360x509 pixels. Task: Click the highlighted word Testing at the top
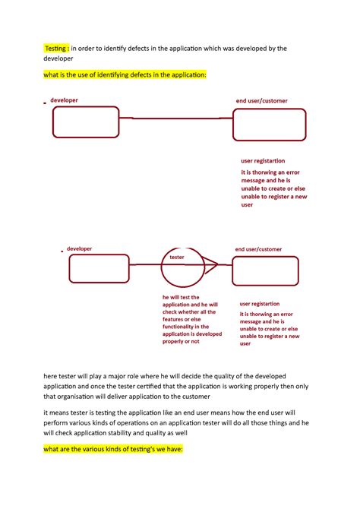tap(56, 48)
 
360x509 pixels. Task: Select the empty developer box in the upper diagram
tap(86, 122)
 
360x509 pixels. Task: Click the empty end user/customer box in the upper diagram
tap(270, 125)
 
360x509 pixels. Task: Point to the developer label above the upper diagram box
tap(64, 100)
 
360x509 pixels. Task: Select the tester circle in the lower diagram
tap(182, 267)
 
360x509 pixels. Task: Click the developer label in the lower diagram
tap(79, 248)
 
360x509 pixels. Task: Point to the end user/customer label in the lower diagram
tap(257, 248)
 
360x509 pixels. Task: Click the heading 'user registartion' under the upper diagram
tap(263, 161)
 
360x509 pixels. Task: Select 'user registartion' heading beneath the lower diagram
tap(260, 304)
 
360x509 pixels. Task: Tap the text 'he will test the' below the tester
tap(181, 296)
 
